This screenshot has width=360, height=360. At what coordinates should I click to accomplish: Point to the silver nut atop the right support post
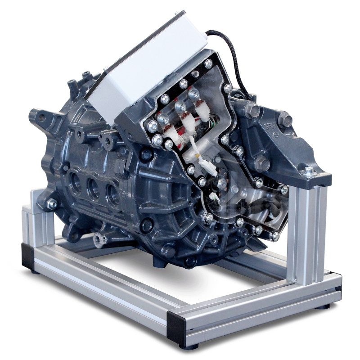pos(308,171)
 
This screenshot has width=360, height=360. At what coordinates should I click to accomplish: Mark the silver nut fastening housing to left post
pos(52,204)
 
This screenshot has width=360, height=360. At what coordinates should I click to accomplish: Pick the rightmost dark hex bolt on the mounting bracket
pos(284,120)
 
